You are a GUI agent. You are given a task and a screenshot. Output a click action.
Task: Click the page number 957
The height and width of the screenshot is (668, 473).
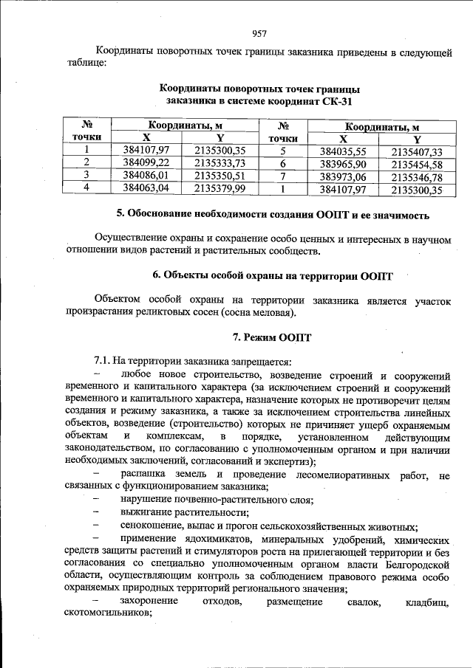click(x=259, y=33)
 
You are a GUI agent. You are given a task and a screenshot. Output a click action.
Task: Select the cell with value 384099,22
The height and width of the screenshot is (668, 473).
click(x=146, y=162)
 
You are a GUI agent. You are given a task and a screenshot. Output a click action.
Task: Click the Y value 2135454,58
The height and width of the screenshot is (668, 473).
click(x=417, y=164)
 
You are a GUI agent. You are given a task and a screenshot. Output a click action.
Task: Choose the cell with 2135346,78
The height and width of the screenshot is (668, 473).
click(x=417, y=177)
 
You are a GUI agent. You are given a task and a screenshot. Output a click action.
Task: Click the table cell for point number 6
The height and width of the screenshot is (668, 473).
click(x=282, y=163)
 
